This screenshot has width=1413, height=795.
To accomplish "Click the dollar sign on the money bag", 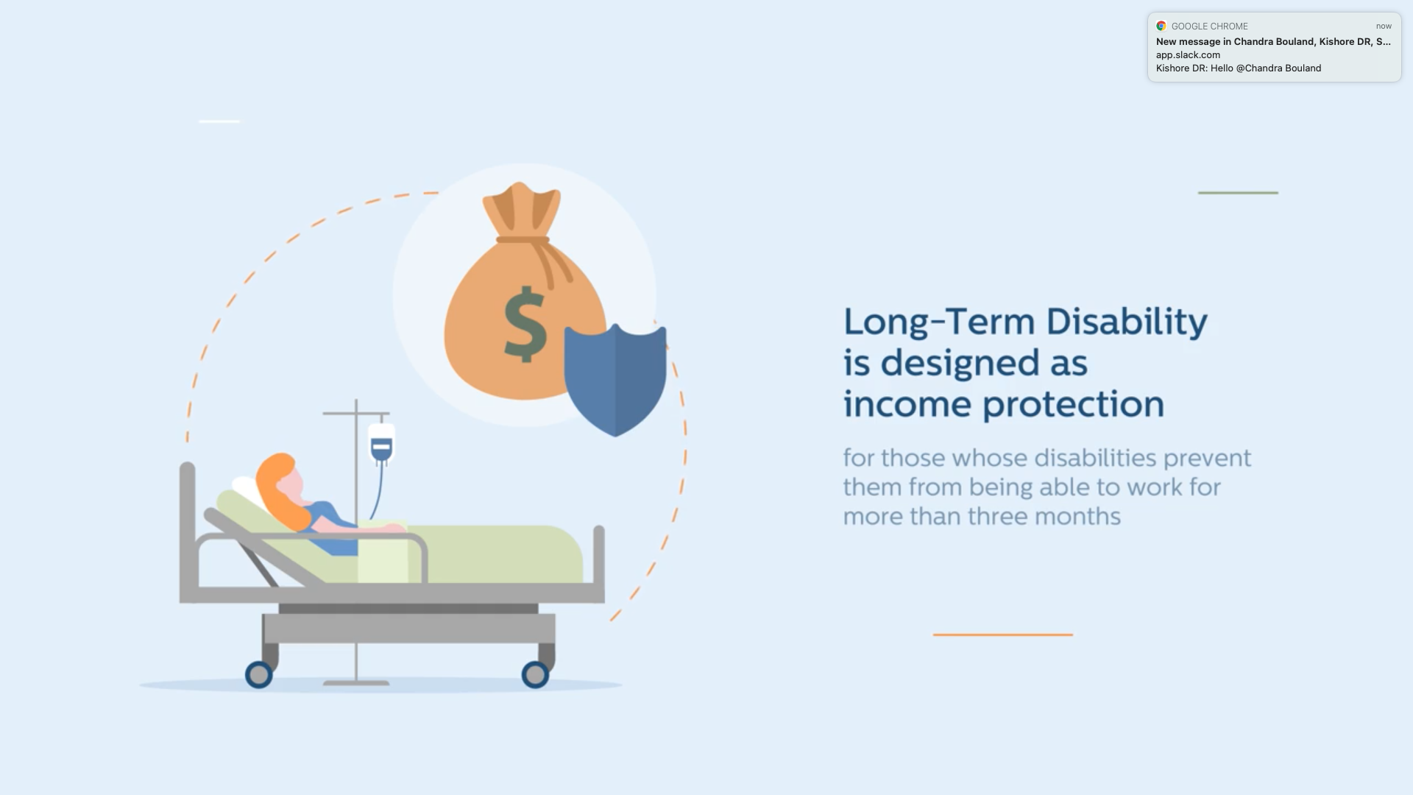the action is point(525,324).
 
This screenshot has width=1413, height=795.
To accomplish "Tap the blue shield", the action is point(615,380).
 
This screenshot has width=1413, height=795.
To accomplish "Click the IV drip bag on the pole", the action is point(381,443).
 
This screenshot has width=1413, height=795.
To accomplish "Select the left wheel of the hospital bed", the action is point(259,674).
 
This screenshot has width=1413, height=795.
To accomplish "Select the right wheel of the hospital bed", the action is point(535,674).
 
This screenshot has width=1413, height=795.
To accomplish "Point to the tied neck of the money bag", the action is point(523,239).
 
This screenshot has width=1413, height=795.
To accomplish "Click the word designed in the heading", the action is point(984,364).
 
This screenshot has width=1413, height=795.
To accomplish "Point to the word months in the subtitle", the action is point(1077,517).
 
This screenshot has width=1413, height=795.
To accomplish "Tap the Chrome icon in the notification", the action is point(1161,26).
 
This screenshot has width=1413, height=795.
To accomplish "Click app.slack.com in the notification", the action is point(1188,55).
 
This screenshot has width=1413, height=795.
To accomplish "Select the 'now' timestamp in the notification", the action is point(1384,26).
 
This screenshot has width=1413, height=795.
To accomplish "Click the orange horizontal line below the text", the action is point(1003,635).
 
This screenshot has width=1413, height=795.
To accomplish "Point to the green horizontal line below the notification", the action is point(1238,193).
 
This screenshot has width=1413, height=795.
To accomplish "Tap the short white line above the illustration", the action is point(219,121).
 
